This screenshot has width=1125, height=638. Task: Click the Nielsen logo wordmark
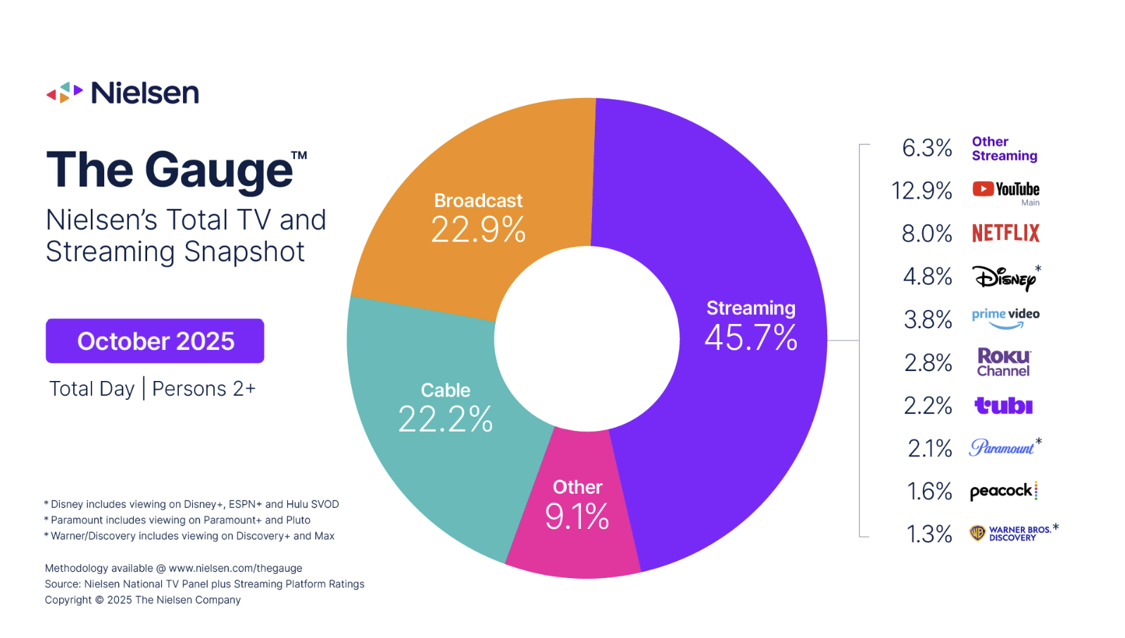point(144,93)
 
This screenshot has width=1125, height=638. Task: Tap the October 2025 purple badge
point(155,341)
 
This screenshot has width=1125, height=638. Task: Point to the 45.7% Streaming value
point(750,338)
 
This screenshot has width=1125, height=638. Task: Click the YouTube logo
point(1006,189)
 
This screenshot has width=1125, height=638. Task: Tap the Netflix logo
point(1005,233)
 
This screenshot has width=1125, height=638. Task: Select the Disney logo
point(1005,277)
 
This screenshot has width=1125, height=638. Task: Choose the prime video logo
point(1005,318)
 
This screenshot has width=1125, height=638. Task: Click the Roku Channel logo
point(1004,362)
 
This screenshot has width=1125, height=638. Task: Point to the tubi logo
point(1003,406)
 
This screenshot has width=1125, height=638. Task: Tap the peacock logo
point(1003,491)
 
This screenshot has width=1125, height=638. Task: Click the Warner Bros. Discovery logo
point(1011,533)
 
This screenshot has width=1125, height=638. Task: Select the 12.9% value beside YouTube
point(922,191)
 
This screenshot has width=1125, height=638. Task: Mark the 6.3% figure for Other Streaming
point(926,148)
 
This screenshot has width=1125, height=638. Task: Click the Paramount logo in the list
point(1002,448)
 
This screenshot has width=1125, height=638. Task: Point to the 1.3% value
point(929,534)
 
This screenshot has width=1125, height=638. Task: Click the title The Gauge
point(170,170)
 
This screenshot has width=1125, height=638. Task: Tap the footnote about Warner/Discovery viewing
point(190,536)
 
